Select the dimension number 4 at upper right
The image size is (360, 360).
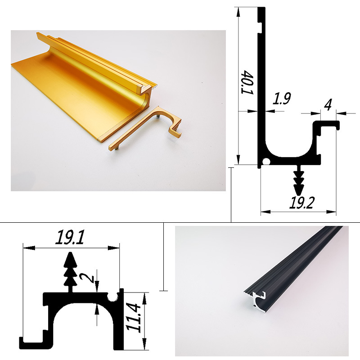[x=328, y=105]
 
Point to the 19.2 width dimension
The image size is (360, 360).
[x=301, y=203]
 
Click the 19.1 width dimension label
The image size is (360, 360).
[x=71, y=237]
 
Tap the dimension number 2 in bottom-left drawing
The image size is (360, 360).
[x=90, y=278]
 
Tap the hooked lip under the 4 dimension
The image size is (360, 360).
[x=328, y=125]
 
